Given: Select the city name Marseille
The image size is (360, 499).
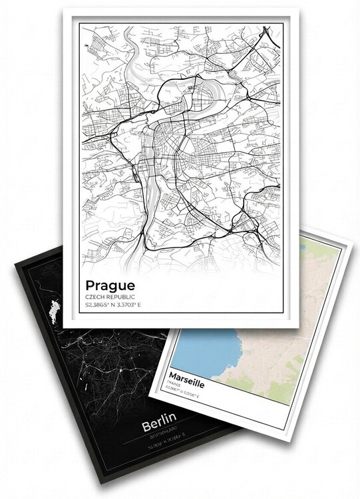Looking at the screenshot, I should click(x=188, y=377).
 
